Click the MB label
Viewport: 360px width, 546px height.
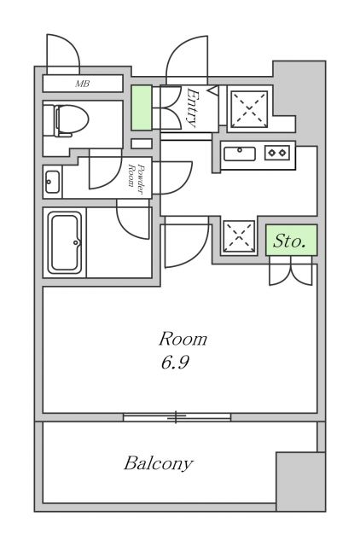coord(83,84)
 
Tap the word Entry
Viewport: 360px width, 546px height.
coord(194,107)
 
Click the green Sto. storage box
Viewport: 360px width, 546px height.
coord(291,241)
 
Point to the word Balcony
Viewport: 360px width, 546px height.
coord(158,464)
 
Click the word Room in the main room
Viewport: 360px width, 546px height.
coord(183,339)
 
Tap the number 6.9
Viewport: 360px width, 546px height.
coord(173,363)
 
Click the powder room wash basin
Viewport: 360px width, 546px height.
coord(52,181)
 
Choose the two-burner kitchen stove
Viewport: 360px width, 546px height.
coord(277,153)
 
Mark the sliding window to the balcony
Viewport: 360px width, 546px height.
coord(176,417)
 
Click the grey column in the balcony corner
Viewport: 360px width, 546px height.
coord(299,481)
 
